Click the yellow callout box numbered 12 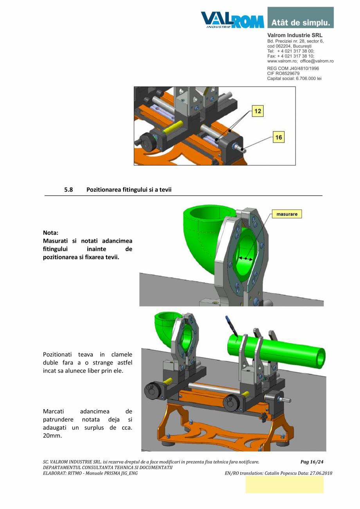coord(257,111)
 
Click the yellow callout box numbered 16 coord(279,137)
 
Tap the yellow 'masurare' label coord(287,214)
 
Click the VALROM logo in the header coord(232,19)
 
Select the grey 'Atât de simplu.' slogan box coord(301,18)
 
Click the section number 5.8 coord(69,190)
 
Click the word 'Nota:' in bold coord(50,233)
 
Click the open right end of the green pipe coord(320,357)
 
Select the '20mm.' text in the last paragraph coord(52,436)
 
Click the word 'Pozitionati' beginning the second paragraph coord(57,354)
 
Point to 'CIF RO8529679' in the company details coord(283,73)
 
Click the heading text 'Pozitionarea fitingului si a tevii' coord(129,190)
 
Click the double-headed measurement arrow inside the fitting coord(246,258)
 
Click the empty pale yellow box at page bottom coord(284,485)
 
